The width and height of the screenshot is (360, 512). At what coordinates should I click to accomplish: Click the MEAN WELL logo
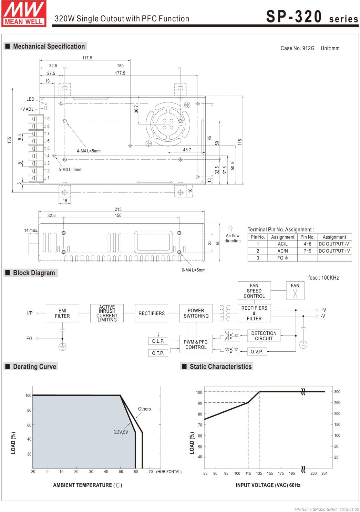tap(24, 13)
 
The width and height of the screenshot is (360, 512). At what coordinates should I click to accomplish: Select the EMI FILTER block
tap(62, 313)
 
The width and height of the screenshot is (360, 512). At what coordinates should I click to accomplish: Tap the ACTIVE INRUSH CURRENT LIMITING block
tap(107, 313)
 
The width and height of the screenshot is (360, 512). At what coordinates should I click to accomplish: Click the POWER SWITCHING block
tap(196, 313)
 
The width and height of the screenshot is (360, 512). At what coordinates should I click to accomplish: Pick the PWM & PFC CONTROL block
tap(196, 344)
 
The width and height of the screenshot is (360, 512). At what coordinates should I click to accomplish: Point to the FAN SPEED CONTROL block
tap(254, 291)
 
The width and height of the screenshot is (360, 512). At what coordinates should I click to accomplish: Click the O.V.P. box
tap(257, 352)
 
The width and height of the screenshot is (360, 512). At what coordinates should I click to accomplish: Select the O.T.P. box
tap(158, 353)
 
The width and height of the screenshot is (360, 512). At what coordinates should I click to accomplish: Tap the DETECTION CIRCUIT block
tap(264, 336)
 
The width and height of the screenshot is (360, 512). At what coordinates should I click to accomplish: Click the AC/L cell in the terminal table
tap(282, 244)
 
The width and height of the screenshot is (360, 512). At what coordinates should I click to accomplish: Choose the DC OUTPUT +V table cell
tap(334, 251)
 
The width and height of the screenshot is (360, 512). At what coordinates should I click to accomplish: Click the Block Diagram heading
tap(34, 273)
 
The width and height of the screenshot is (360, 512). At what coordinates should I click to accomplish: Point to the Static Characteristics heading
tap(220, 367)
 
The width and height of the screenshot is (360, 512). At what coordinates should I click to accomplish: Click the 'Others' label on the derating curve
tap(144, 409)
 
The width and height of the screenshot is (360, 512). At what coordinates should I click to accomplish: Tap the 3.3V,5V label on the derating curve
tap(121, 432)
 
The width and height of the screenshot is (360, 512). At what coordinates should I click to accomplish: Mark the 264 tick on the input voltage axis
tap(325, 473)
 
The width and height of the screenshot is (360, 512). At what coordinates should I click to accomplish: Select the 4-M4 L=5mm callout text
tap(89, 151)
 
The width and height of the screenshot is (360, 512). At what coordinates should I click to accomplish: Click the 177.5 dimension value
tap(120, 73)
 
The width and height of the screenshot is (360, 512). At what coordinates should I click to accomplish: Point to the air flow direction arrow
tap(231, 229)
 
